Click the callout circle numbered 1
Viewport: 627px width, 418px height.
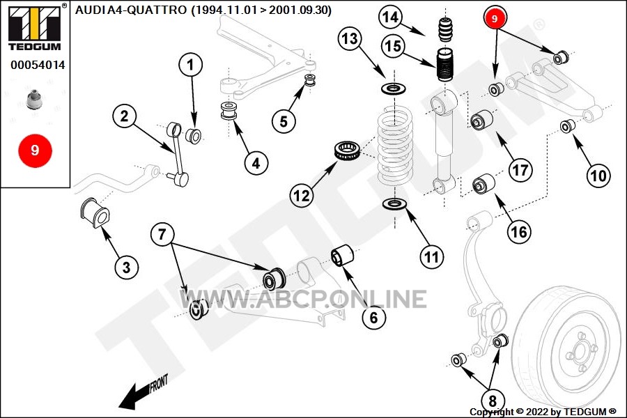point(190,64)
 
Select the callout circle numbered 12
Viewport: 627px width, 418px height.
point(302,196)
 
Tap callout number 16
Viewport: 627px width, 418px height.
point(519,231)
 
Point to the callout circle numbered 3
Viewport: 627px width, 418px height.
point(126,267)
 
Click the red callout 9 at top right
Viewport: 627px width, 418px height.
point(495,18)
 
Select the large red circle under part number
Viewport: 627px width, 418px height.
point(35,150)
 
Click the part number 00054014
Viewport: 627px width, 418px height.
point(38,65)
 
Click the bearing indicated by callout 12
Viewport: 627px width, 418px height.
point(348,150)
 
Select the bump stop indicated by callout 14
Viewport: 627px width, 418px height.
point(445,29)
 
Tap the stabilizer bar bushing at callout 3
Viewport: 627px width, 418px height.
point(95,212)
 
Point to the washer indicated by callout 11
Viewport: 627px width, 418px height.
point(395,204)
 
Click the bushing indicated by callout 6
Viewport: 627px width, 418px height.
point(343,255)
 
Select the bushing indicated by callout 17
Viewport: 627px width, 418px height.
point(481,120)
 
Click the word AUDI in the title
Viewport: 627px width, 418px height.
point(88,10)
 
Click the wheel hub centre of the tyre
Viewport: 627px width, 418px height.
point(578,352)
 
